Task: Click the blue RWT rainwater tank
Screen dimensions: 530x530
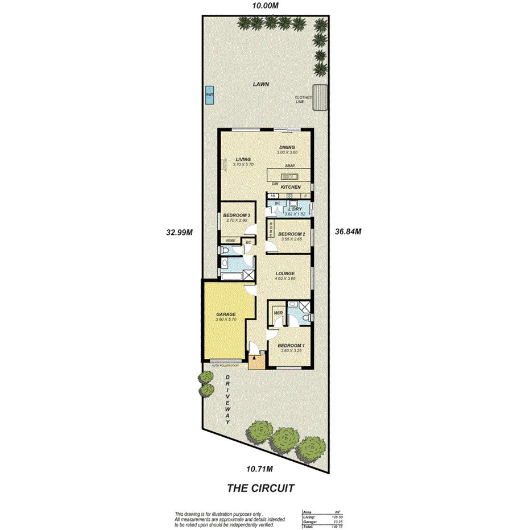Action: pyautogui.click(x=210, y=97)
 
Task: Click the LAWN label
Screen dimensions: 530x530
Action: pyautogui.click(x=262, y=84)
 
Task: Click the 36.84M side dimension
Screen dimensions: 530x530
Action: pyautogui.click(x=349, y=231)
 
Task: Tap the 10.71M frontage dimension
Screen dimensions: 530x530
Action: pyautogui.click(x=260, y=469)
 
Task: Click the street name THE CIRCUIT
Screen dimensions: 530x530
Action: pyautogui.click(x=260, y=487)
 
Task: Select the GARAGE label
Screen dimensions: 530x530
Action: pyautogui.click(x=225, y=314)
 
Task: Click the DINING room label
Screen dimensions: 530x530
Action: pyautogui.click(x=287, y=147)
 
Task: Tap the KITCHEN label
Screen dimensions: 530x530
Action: pyautogui.click(x=291, y=187)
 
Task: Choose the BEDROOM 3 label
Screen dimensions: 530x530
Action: pyautogui.click(x=237, y=215)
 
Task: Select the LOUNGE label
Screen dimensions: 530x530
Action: pyautogui.click(x=285, y=274)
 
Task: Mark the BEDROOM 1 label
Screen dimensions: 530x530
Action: pyautogui.click(x=291, y=345)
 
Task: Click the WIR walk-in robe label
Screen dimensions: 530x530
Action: pyautogui.click(x=279, y=313)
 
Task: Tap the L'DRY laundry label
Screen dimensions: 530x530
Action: pyautogui.click(x=295, y=209)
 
